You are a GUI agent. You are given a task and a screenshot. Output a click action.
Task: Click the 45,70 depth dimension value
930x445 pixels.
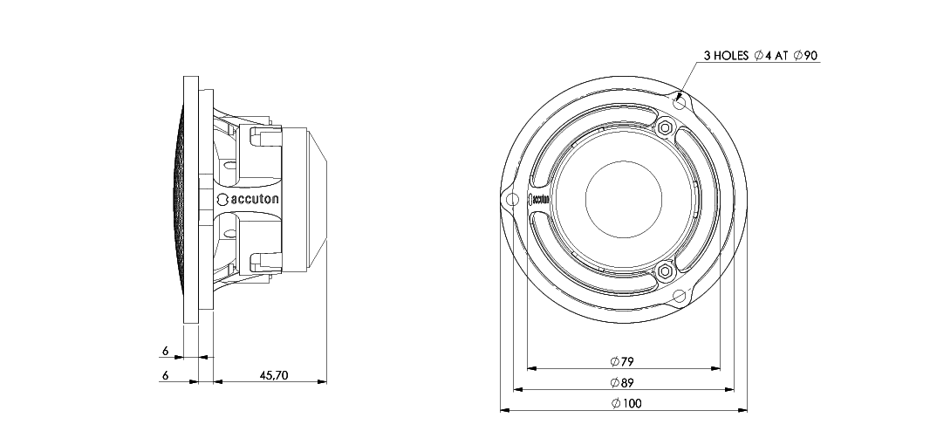click(273, 375)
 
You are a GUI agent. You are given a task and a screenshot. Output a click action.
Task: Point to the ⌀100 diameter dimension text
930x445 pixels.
click(625, 403)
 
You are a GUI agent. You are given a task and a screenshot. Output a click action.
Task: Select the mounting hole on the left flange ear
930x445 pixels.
click(511, 198)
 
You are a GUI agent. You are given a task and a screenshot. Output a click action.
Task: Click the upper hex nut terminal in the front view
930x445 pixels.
click(667, 127)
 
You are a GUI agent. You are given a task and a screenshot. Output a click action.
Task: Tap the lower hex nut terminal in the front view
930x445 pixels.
click(667, 270)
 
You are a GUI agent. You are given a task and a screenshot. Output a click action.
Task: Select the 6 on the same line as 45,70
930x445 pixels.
click(165, 375)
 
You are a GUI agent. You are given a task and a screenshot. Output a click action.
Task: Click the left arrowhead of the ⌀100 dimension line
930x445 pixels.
click(503, 409)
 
